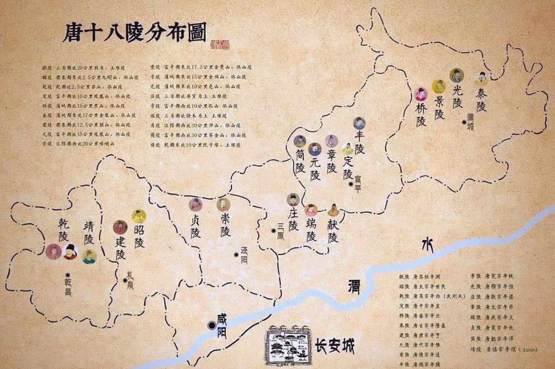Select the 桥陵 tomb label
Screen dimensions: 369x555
(x=421, y=113)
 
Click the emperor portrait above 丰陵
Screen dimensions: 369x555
(x=359, y=124)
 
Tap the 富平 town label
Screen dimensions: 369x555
(x=358, y=183)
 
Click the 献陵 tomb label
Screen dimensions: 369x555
(x=333, y=230)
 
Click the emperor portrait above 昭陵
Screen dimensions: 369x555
(x=138, y=216)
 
